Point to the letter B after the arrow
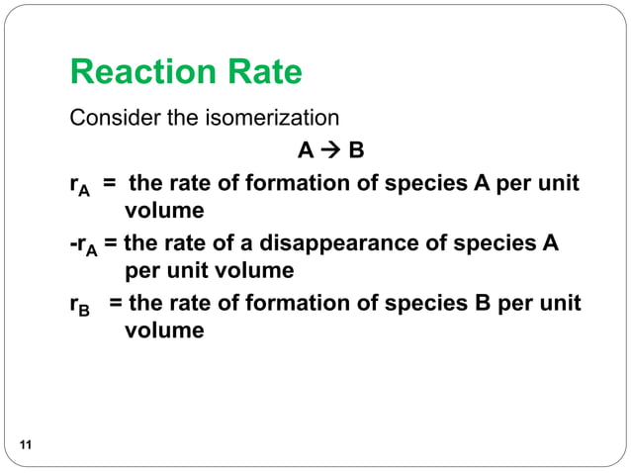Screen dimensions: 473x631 pos(356,151)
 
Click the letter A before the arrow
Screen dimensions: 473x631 pos(305,151)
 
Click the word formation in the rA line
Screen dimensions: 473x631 pos(281,183)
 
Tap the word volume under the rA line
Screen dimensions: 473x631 pos(164,210)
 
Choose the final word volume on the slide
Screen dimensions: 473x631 pos(164,329)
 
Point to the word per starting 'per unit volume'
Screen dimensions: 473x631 pos(142,270)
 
